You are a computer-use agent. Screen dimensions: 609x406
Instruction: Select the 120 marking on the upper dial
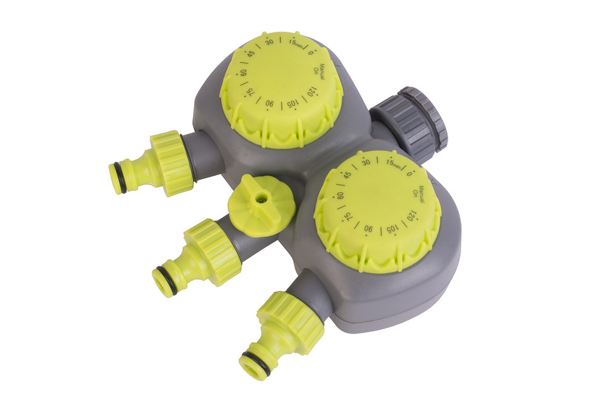[310, 92]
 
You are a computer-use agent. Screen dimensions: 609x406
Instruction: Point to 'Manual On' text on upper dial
[319, 71]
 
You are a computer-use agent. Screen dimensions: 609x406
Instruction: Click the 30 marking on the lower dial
[366, 162]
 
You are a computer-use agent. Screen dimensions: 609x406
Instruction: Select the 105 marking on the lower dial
[392, 229]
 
